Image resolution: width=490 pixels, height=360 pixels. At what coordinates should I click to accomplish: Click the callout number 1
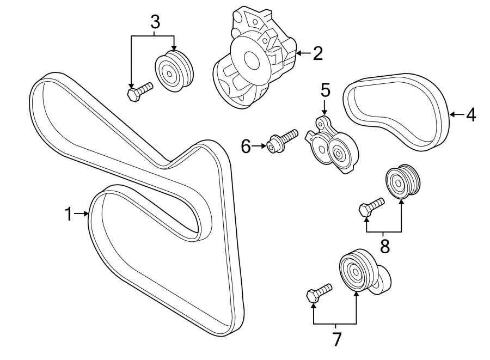pos(69,214)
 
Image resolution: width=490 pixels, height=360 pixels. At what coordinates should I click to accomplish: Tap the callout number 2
pos(317,53)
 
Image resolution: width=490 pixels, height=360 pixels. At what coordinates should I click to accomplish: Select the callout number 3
pos(155,22)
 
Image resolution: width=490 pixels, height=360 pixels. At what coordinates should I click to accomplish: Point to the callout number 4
pos(470,114)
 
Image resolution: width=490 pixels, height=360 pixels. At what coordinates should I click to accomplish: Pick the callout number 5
pos(325,89)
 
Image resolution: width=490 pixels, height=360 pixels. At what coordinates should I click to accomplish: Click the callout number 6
pos(246,145)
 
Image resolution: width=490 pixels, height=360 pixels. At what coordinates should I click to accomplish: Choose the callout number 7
pos(336,339)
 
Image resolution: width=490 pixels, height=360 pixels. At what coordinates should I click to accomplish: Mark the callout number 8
pos(385,246)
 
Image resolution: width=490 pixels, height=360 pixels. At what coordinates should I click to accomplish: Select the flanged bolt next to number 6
pos(282,139)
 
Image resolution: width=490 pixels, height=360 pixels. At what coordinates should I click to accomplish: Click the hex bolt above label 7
pos(318,293)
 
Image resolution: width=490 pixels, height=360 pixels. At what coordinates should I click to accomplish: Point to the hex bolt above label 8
pos(371,208)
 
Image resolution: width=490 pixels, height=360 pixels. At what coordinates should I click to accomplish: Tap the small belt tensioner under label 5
pos(332,148)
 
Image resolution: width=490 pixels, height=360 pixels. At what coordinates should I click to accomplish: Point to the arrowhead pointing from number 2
pos(299,53)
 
